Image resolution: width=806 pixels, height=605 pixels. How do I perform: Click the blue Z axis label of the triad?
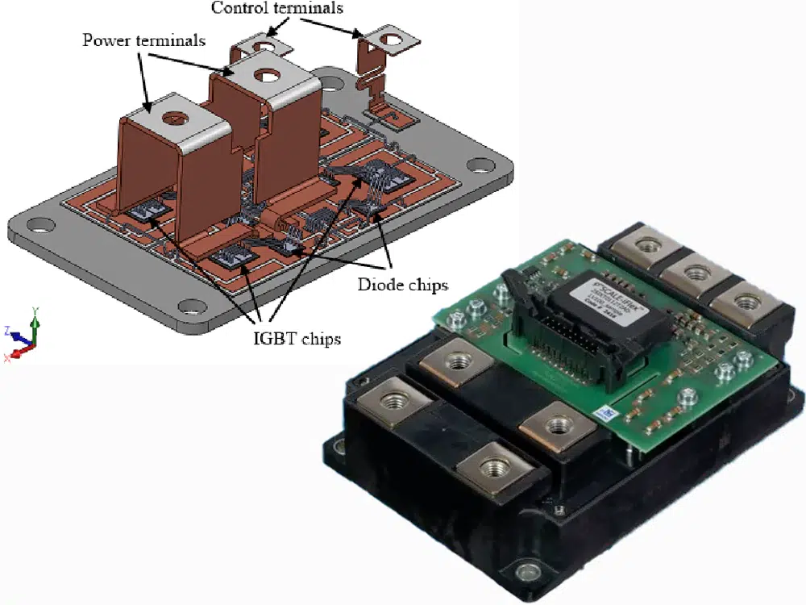8,330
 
